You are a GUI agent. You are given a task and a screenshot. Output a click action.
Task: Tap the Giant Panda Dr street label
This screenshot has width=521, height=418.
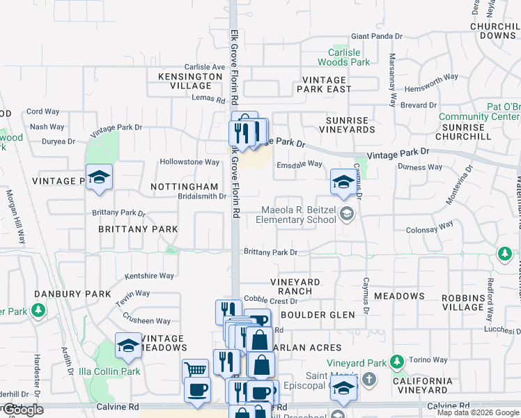pyautogui.click(x=378, y=36)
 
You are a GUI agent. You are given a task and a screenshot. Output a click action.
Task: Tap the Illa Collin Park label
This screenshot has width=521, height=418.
pyautogui.click(x=110, y=371)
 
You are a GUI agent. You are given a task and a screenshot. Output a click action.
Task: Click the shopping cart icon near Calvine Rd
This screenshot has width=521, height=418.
pyautogui.click(x=196, y=369)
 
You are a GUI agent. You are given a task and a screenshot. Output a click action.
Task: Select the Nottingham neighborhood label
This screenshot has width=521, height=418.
pyautogui.click(x=185, y=187)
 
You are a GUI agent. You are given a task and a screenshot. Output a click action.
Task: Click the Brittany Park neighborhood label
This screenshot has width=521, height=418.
pyautogui.click(x=138, y=229)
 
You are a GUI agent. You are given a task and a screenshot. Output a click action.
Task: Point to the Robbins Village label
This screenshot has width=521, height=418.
pyautogui.click(x=462, y=302)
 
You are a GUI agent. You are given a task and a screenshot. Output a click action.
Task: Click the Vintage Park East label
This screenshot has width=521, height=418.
pyautogui.click(x=324, y=84)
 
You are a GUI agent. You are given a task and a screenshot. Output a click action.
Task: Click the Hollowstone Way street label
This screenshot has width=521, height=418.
pyautogui.click(x=189, y=162)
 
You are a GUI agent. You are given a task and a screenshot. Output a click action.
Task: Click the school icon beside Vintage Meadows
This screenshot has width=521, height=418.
pyautogui.click(x=129, y=346)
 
